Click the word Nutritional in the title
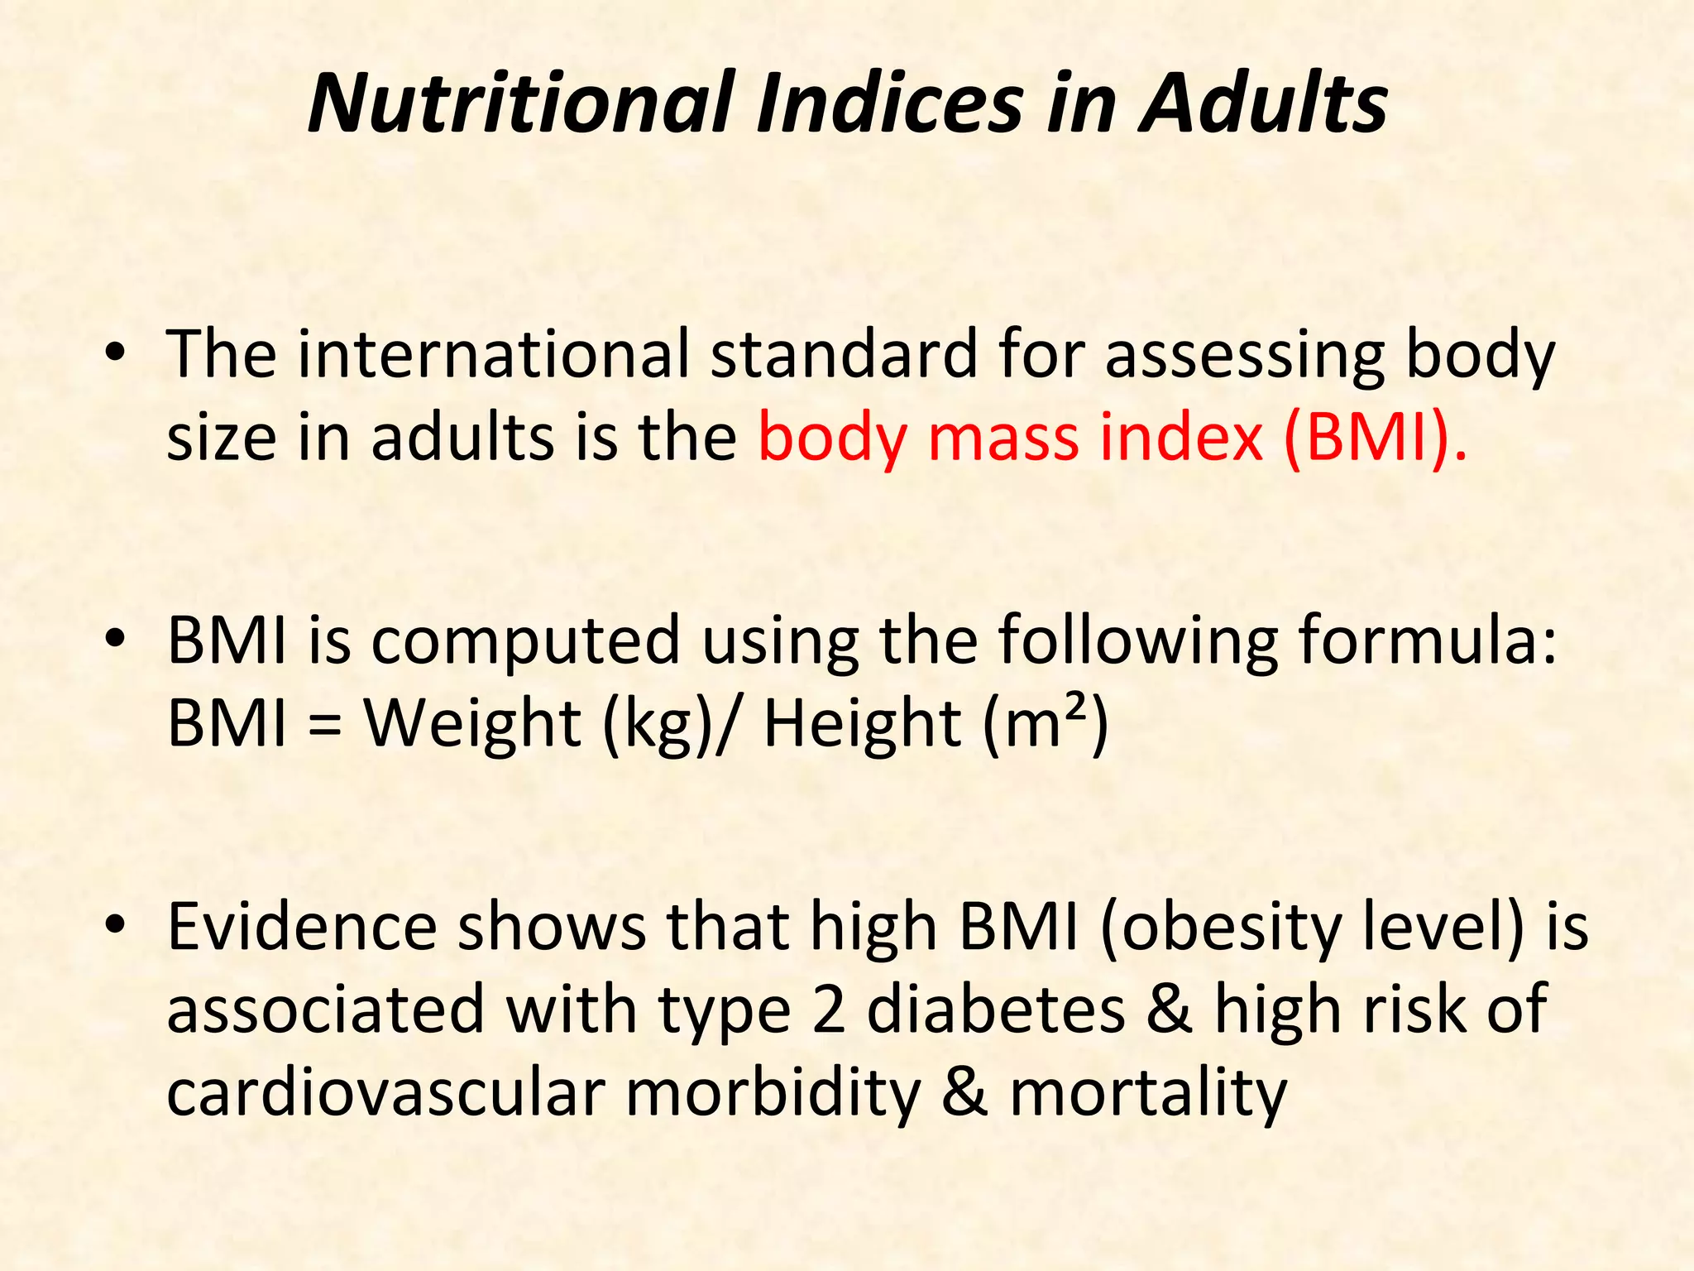[x=520, y=103]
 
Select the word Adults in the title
[x=1263, y=103]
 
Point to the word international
[x=494, y=354]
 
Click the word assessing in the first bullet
[x=1244, y=354]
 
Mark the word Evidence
[x=302, y=927]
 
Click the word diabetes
[x=996, y=1010]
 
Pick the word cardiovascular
[x=385, y=1092]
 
